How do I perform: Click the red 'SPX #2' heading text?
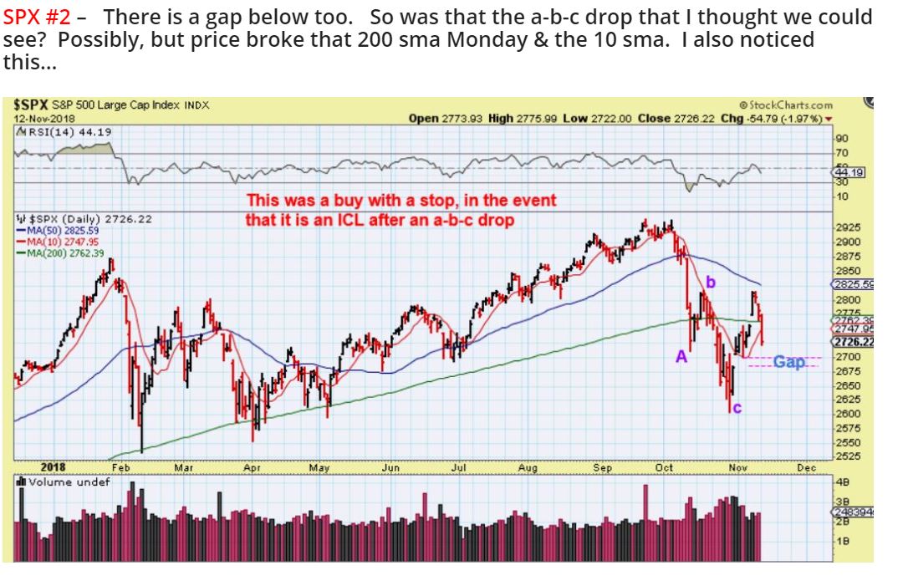[x=42, y=16]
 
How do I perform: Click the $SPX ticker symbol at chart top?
[x=31, y=105]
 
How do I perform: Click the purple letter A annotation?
[x=681, y=356]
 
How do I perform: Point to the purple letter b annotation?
[x=712, y=283]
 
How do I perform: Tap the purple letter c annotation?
[x=736, y=408]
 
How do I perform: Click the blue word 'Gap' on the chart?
[x=789, y=361]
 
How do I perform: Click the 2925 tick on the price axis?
[x=848, y=227]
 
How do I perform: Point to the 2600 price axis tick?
[x=848, y=414]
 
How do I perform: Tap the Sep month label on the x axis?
[x=603, y=468]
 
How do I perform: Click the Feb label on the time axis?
[x=121, y=468]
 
